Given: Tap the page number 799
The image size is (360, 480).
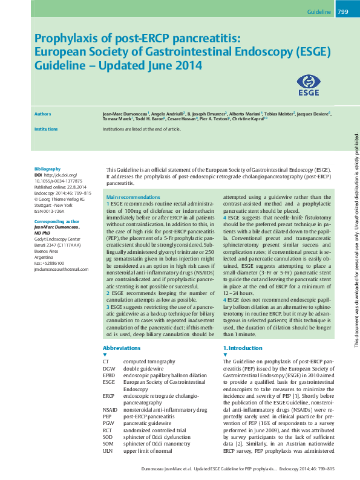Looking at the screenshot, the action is pos(342,12).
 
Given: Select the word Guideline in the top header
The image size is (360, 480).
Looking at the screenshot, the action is pos(319,12).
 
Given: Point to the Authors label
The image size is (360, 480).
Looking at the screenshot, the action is pos(42,114).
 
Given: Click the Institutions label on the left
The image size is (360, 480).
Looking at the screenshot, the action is pos(46,129).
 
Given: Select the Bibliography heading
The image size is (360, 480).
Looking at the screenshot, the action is pos(47,169).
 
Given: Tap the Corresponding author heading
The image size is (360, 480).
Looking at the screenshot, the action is pos(57,222).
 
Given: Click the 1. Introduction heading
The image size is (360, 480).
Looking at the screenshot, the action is pos(243,348).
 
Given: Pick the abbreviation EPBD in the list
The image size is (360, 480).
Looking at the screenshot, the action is pos(109,375).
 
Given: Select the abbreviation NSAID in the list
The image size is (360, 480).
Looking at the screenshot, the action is pos(110,409).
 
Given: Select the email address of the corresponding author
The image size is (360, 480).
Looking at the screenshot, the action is pos(61,269).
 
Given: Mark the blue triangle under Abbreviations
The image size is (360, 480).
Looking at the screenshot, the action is pos(105,355).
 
